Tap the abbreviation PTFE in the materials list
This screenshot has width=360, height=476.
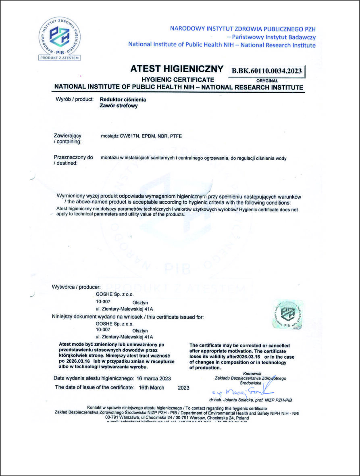176,136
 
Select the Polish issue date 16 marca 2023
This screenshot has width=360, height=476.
154,378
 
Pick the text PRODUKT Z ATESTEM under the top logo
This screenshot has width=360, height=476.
60,58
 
